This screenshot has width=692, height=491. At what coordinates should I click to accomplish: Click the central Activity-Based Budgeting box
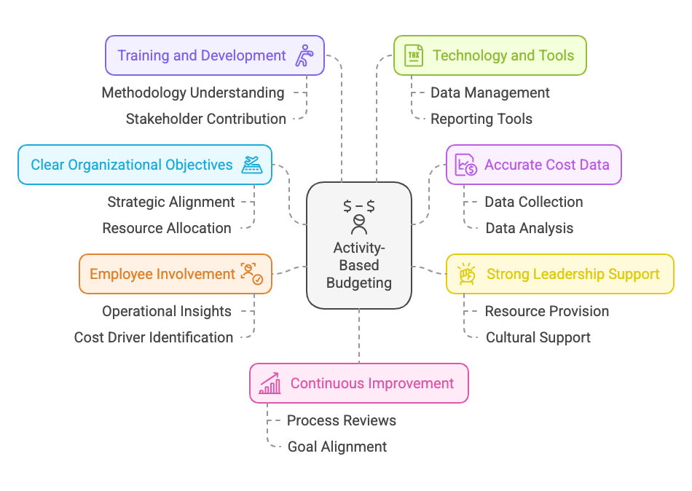point(358,245)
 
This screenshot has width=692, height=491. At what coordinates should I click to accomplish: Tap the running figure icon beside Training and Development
point(303,55)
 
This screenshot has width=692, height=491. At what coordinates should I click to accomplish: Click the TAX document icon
point(413,55)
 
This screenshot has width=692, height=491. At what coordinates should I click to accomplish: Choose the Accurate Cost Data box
point(533,165)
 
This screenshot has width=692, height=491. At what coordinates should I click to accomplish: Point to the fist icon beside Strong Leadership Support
point(466,274)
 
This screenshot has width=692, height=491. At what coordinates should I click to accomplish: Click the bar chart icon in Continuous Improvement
point(270,383)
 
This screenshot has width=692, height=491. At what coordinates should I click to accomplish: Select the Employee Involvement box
point(175,274)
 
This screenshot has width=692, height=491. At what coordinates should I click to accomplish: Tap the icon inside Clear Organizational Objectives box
point(252,165)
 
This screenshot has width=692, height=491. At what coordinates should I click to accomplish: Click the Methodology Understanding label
point(193,93)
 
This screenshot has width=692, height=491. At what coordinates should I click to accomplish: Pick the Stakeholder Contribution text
point(205,119)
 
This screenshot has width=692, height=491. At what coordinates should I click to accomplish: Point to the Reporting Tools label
point(481,119)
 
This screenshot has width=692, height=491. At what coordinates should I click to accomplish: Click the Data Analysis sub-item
point(530,228)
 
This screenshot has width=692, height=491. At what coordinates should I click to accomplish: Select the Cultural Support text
point(538,337)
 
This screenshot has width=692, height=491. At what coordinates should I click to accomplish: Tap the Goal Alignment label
point(337,447)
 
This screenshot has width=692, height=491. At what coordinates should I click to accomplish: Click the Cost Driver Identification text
point(154,337)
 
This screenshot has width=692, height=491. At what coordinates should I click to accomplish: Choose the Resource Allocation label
point(167,228)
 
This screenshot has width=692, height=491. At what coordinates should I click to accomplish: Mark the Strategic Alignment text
point(171,202)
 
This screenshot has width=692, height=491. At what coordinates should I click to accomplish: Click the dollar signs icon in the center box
point(358,206)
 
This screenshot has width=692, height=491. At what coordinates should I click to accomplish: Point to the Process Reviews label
point(342,420)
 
